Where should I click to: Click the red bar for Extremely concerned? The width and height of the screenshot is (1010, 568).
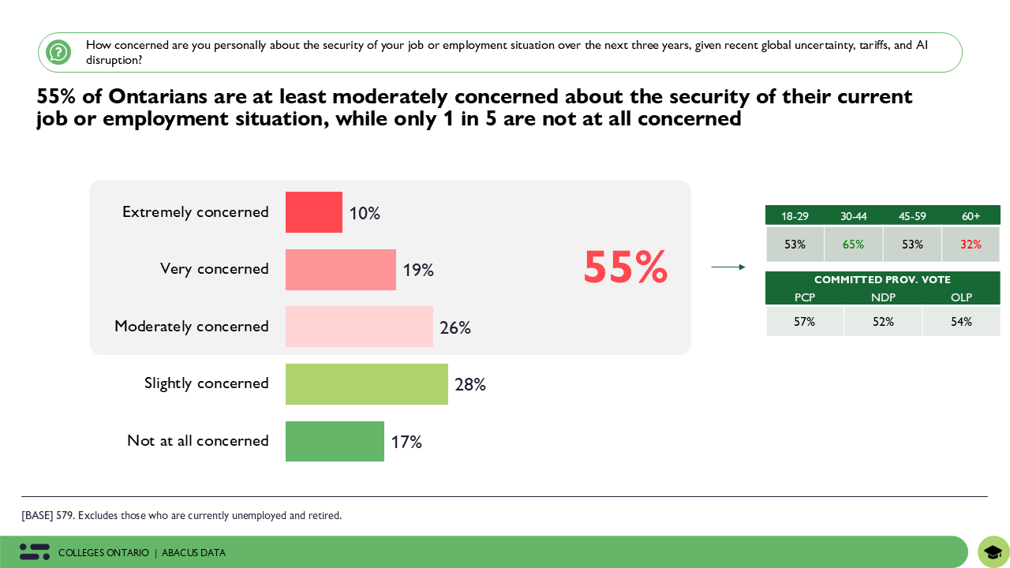tap(314, 212)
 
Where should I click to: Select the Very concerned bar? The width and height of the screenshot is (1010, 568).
tap(341, 270)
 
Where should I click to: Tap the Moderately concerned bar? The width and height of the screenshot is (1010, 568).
tap(359, 327)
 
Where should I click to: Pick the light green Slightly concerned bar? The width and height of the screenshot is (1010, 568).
tap(367, 384)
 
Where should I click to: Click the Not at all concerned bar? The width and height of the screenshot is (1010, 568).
tap(335, 441)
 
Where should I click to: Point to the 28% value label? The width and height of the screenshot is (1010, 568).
tap(470, 385)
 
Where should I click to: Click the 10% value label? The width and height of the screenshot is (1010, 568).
tap(365, 214)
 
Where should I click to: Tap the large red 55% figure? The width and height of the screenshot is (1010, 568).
tap(625, 267)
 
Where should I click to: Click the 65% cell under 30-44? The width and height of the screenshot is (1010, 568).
tap(853, 245)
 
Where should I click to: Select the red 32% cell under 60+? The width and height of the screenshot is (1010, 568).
tap(971, 245)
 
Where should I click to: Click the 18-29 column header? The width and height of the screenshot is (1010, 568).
tap(794, 216)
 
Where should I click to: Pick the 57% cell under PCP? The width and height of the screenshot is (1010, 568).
tap(804, 322)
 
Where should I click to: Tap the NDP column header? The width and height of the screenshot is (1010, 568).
tap(882, 297)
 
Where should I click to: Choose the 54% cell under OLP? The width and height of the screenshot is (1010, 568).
tap(961, 322)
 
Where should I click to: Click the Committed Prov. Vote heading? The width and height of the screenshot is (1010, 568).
tap(882, 280)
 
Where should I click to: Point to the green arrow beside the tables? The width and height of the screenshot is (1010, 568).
tap(728, 267)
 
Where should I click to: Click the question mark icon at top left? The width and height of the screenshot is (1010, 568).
tap(58, 52)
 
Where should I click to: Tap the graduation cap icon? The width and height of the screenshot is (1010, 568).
tap(993, 552)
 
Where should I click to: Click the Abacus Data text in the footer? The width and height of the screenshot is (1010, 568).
tap(193, 553)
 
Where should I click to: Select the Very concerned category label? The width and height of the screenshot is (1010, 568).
tap(214, 269)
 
